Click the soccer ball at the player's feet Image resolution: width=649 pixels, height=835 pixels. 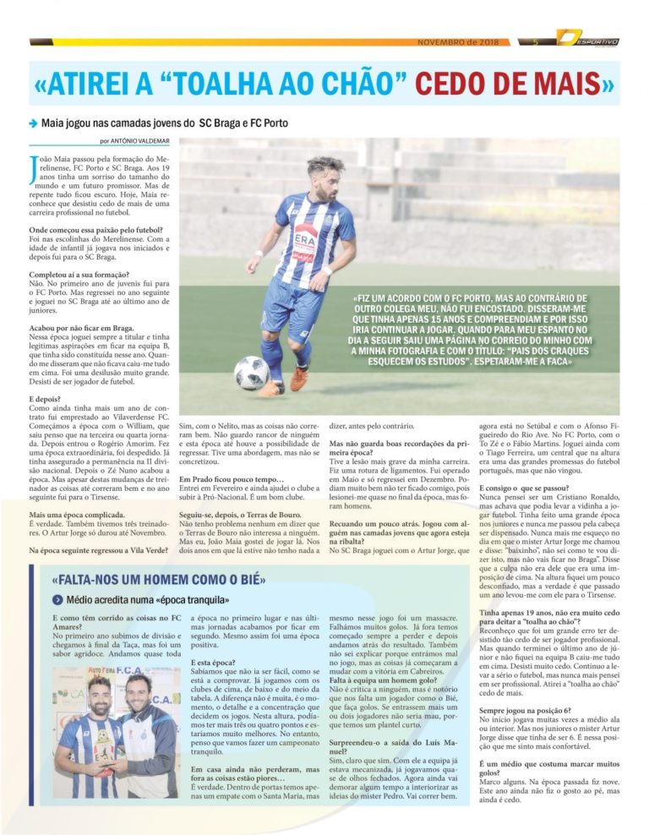pyautogui.click(x=252, y=373)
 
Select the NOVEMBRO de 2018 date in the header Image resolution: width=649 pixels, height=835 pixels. pyautogui.click(x=459, y=41)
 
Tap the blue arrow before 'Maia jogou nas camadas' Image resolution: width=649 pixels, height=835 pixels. pyautogui.click(x=33, y=123)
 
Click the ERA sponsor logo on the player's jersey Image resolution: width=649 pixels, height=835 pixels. pyautogui.click(x=305, y=237)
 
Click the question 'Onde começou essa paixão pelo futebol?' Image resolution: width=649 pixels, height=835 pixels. pyautogui.click(x=95, y=230)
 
